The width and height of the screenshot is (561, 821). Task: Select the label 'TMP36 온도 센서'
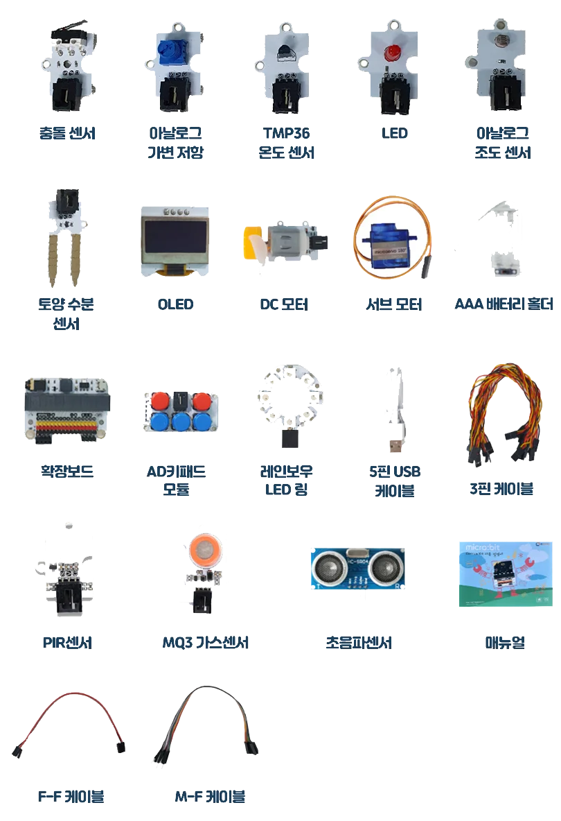[x=286, y=143]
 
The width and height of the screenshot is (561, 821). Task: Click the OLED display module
[x=175, y=241]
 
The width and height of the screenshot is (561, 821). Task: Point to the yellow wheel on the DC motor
[x=252, y=243]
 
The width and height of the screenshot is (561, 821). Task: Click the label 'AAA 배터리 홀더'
[x=504, y=304]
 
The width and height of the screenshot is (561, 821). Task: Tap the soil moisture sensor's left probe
[x=53, y=259]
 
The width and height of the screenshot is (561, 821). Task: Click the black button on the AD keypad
[x=180, y=401]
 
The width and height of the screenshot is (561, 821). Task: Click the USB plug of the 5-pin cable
[x=395, y=444]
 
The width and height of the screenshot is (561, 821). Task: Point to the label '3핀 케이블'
[x=501, y=489]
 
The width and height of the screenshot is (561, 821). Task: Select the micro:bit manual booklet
[x=505, y=574]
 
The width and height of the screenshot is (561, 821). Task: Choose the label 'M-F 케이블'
[x=210, y=797]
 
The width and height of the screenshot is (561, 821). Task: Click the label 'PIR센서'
[x=67, y=643]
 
